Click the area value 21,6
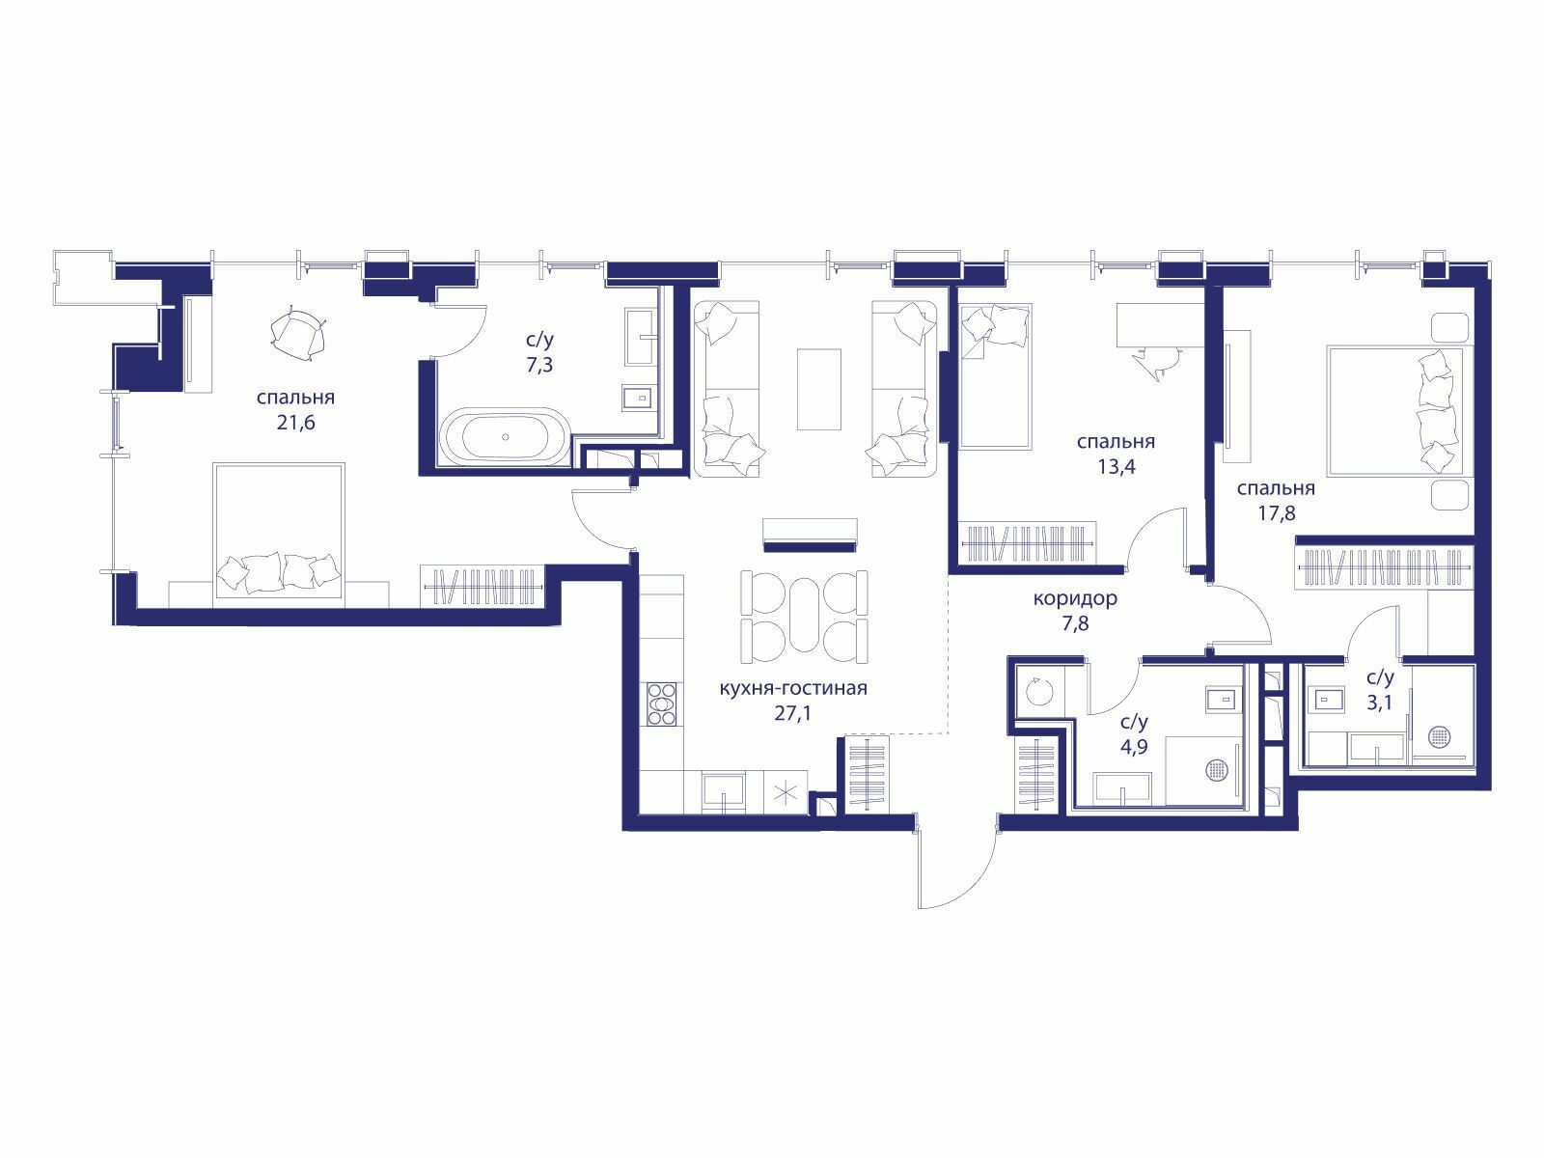tap(295, 424)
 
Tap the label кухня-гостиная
tap(793, 688)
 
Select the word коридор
tap(1075, 599)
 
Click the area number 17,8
tap(1276, 512)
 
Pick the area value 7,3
tap(539, 365)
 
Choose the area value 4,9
tap(1134, 745)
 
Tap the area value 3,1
tap(1380, 703)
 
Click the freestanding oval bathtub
tap(505, 436)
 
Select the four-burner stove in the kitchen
tap(661, 703)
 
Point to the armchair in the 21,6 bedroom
tap(298, 336)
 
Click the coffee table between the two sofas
tap(818, 389)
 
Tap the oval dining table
tap(804, 618)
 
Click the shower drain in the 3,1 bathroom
tap(1439, 737)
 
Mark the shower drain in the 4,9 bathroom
tap(1216, 771)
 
